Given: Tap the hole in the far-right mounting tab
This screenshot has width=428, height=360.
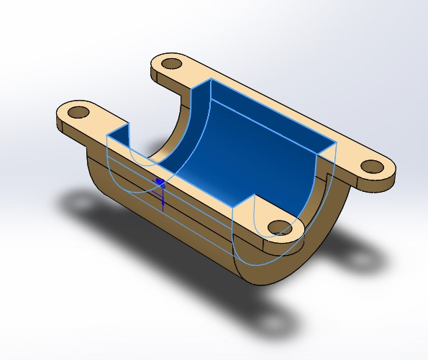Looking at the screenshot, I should pyautogui.click(x=372, y=167).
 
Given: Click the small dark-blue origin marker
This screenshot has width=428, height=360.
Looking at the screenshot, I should pyautogui.click(x=159, y=183).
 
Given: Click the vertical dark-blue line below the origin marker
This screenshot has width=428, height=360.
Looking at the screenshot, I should pyautogui.click(x=163, y=199).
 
